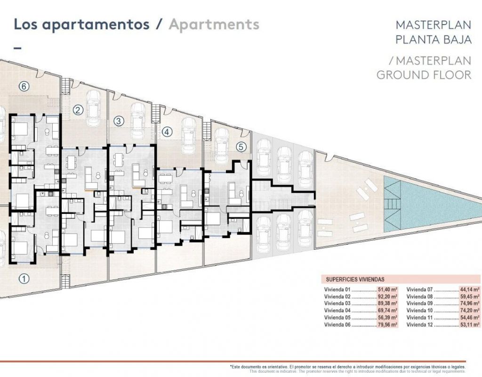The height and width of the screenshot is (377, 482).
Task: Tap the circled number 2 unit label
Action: tap(78, 110)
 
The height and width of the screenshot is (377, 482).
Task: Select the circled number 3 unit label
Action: tap(119, 121)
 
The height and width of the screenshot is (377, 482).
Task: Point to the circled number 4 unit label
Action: tap(167, 132)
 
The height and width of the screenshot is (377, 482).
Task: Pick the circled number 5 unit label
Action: tap(241, 147)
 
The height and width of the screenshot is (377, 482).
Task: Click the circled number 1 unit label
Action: tap(24, 279)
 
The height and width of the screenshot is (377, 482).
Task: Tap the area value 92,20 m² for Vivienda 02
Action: tap(387, 297)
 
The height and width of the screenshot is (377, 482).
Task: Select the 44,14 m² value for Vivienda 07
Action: tap(470, 290)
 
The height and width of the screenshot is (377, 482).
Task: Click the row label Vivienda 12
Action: tap(419, 325)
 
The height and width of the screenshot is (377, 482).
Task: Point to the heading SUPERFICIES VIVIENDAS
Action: tap(355, 279)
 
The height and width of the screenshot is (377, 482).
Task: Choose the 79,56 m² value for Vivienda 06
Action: tap(387, 325)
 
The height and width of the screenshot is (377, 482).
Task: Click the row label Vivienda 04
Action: tap(337, 311)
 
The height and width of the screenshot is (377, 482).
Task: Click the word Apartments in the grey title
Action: tap(214, 25)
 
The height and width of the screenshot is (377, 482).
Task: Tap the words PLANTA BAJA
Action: tap(434, 40)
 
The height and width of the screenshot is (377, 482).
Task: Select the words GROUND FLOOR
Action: tap(424, 75)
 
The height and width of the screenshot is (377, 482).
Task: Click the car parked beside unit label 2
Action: tap(94, 108)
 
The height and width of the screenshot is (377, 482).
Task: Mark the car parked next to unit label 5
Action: tap(222, 146)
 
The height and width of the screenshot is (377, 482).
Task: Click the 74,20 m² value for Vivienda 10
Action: tap(470, 311)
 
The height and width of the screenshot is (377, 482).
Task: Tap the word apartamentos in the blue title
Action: tap(96, 25)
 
